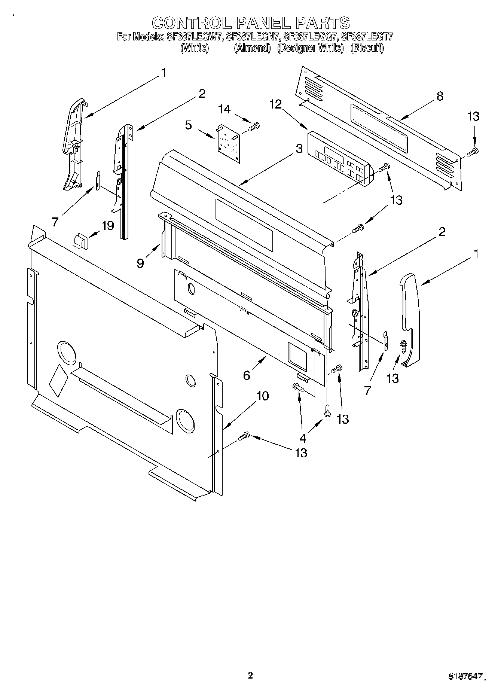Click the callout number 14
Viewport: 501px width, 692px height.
pos(224,109)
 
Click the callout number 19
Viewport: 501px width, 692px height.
pos(108,226)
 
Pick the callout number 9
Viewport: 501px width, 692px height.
pos(140,263)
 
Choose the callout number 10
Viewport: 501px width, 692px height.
pos(263,396)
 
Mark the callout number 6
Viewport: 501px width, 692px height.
pos(246,375)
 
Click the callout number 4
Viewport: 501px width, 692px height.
pos(302,438)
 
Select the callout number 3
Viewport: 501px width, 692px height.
pos(299,149)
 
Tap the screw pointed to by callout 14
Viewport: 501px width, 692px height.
pos(254,127)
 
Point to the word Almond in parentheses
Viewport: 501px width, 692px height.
pos(252,48)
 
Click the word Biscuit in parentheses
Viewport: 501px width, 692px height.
pos(367,48)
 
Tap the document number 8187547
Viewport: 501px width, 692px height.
pos(464,677)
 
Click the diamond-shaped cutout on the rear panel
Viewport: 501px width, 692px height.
pos(58,379)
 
